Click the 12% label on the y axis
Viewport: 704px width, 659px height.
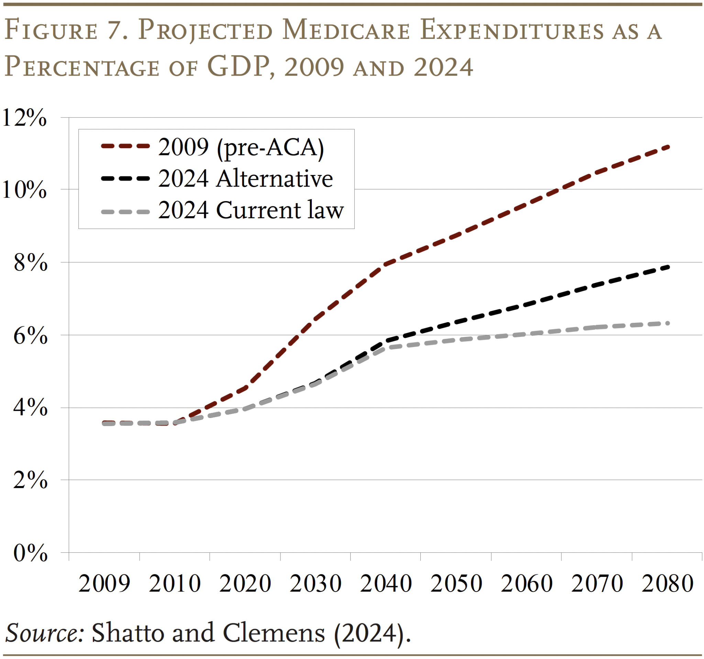[24, 118]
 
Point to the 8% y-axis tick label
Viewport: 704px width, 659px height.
[30, 263]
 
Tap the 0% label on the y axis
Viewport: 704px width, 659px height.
[30, 553]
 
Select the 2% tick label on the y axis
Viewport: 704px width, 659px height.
[30, 481]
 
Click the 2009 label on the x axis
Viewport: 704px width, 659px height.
[104, 584]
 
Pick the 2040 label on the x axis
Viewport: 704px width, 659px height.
[386, 584]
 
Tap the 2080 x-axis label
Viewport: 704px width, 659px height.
[667, 584]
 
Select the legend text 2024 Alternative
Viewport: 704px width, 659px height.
[245, 179]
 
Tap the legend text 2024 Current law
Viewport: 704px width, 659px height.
[251, 210]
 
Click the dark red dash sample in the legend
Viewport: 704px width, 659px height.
[125, 146]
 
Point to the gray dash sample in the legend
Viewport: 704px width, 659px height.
[125, 212]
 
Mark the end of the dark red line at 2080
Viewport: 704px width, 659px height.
[668, 146]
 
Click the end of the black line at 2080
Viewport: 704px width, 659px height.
[668, 267]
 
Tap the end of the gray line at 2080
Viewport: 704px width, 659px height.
[668, 323]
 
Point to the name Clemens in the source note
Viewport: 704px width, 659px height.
[274, 633]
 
